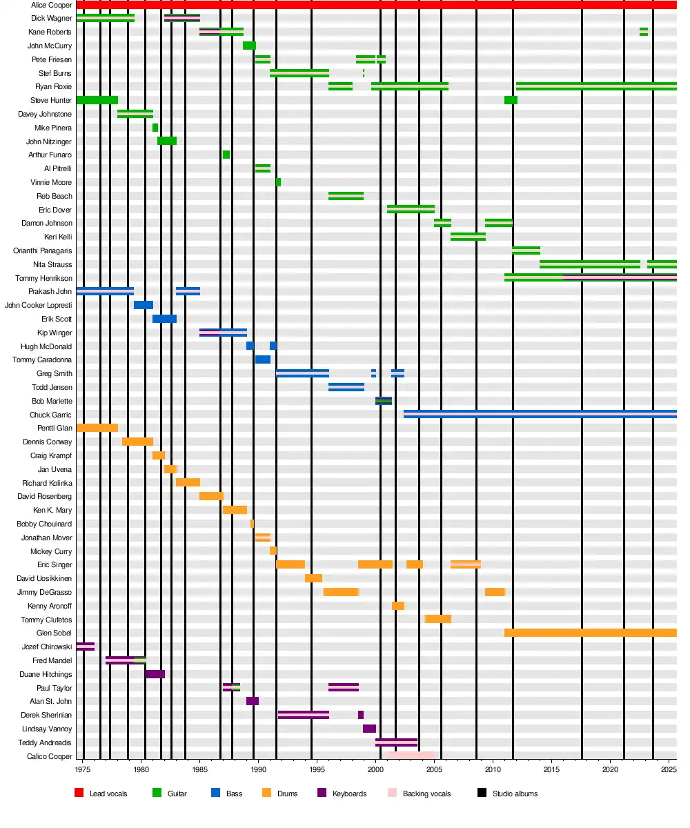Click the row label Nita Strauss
coord(52,264)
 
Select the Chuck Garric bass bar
coord(538,415)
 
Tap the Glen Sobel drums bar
coord(590,633)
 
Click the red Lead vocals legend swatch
coord(79,793)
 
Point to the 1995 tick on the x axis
coord(317,769)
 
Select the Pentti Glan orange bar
coord(97,428)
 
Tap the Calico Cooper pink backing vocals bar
coord(411,756)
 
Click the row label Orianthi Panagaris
coord(43,250)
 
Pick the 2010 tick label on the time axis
coord(493,769)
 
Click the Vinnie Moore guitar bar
coord(278,182)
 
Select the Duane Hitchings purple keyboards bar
coord(155,674)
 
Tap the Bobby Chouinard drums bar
coord(252,524)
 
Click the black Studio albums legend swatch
coord(482,793)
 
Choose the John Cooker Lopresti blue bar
coord(143,305)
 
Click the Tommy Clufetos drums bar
coord(437,619)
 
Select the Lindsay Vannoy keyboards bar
coord(369,729)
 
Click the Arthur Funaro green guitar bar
coord(226,155)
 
